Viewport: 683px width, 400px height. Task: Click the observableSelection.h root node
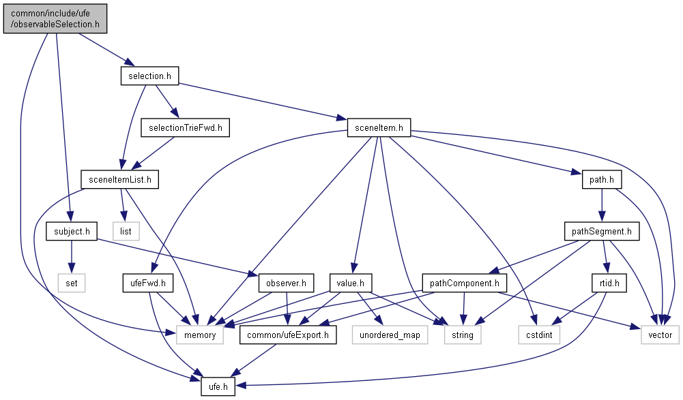point(55,17)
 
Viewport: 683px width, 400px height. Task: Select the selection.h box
point(149,76)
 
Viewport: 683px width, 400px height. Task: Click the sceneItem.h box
point(379,127)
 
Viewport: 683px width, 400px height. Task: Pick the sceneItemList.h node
point(119,180)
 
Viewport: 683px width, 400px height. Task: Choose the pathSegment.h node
point(601,232)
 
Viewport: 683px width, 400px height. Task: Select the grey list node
point(126,232)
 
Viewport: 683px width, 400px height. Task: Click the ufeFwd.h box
point(148,282)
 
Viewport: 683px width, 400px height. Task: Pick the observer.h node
point(286,282)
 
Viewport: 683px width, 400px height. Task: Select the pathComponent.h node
point(464,282)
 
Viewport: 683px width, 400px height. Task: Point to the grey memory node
point(200,335)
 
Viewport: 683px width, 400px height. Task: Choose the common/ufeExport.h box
point(288,335)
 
